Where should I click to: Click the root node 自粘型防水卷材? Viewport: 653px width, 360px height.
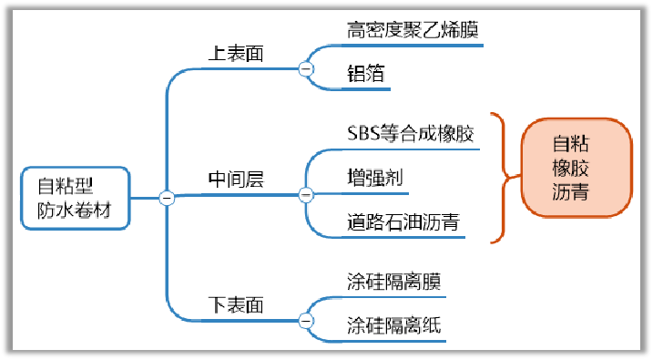click(x=77, y=198)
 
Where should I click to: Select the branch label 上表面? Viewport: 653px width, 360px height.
click(x=236, y=54)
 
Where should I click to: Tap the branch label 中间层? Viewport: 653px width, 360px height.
click(x=236, y=180)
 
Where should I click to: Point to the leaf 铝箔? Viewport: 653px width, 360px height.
click(x=365, y=74)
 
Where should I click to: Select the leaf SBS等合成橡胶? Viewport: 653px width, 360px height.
click(x=411, y=135)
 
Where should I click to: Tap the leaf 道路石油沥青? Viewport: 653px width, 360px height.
click(x=401, y=220)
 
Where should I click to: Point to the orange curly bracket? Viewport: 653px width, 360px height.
click(x=500, y=178)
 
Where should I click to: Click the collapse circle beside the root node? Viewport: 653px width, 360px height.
click(x=167, y=198)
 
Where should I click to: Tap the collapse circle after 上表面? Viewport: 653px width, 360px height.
click(x=306, y=68)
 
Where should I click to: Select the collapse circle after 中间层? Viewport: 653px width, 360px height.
click(x=306, y=194)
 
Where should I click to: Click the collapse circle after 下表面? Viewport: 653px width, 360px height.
click(x=306, y=320)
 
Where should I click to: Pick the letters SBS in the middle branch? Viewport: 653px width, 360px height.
click(x=362, y=135)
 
